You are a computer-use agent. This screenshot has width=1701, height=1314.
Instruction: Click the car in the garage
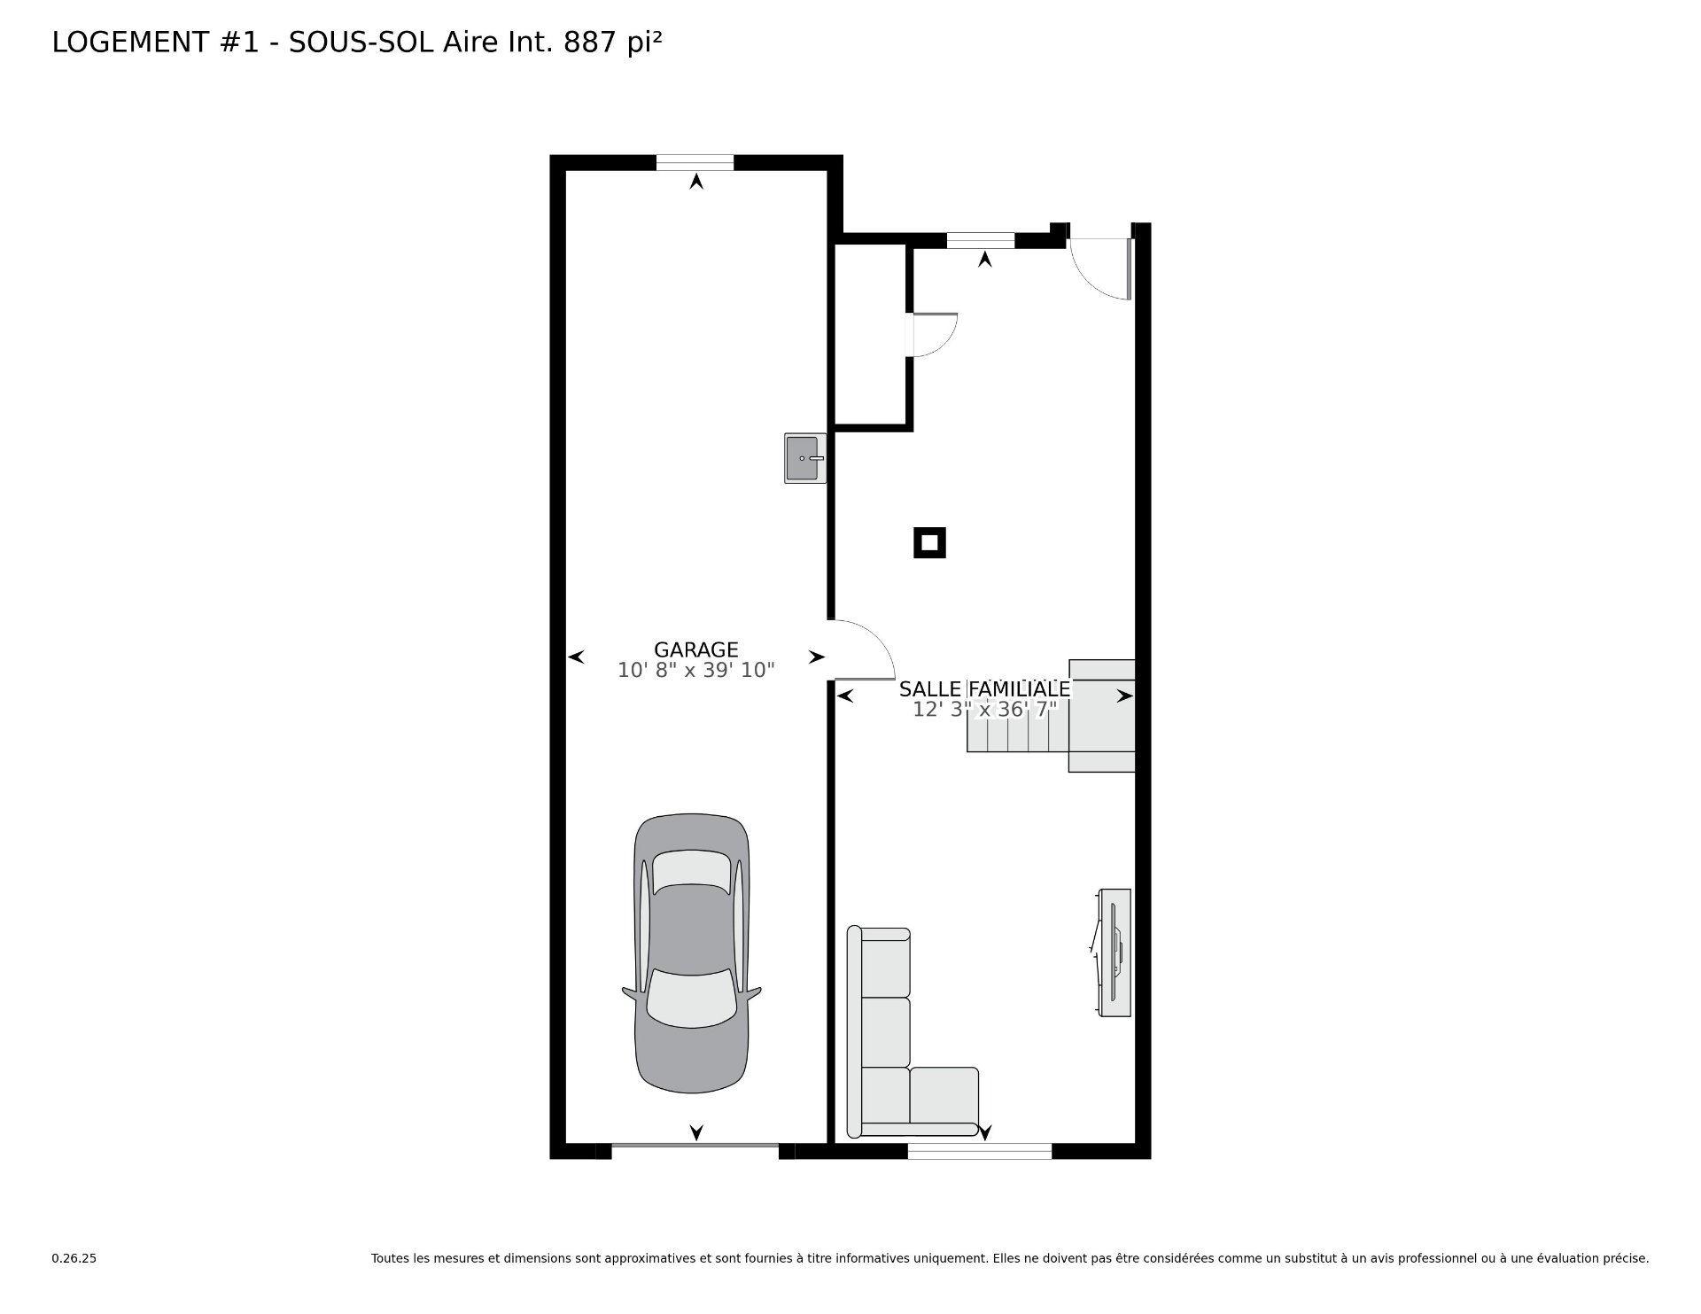point(692,953)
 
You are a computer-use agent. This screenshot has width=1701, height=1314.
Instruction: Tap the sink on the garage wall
point(804,458)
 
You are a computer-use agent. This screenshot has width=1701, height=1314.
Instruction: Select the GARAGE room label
point(696,649)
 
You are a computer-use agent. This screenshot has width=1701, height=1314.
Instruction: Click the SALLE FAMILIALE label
point(984,688)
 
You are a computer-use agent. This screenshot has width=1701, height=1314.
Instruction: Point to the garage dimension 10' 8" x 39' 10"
point(696,671)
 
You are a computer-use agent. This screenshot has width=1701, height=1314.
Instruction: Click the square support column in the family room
point(929,543)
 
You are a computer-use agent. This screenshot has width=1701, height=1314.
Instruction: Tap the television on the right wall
point(1113,952)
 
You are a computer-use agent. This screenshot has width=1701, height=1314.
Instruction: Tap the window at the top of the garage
point(695,162)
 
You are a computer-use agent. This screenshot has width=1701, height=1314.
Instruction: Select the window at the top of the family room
point(981,240)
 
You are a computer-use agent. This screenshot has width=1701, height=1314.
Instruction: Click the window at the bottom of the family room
point(980,1151)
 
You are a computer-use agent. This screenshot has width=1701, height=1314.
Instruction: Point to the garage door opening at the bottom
point(695,1147)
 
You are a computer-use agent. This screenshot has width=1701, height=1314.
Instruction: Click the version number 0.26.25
point(74,1258)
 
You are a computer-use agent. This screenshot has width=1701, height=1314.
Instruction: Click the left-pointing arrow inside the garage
point(576,657)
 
